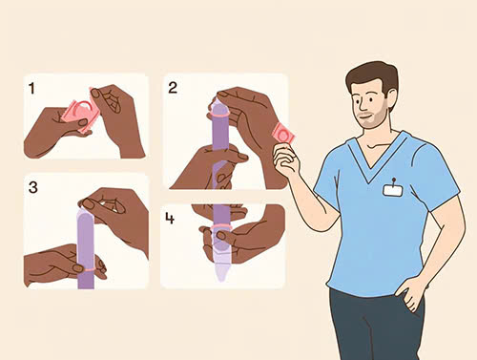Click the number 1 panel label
coord(31,89)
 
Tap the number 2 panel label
coord(173,88)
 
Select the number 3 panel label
coord(33,187)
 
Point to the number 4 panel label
coord(170,218)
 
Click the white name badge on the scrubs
coord(393,190)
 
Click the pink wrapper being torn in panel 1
coord(81,113)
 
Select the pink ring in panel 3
coord(86,269)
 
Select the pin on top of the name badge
coord(394,180)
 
